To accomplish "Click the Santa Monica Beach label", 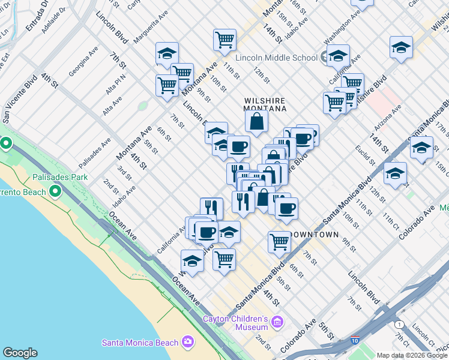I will coord(140,343).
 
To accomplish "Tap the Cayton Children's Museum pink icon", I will coord(277,323).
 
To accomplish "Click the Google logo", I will coord(20,353).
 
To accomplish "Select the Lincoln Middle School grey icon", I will coord(325,58).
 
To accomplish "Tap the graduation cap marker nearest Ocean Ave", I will coord(192,260).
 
